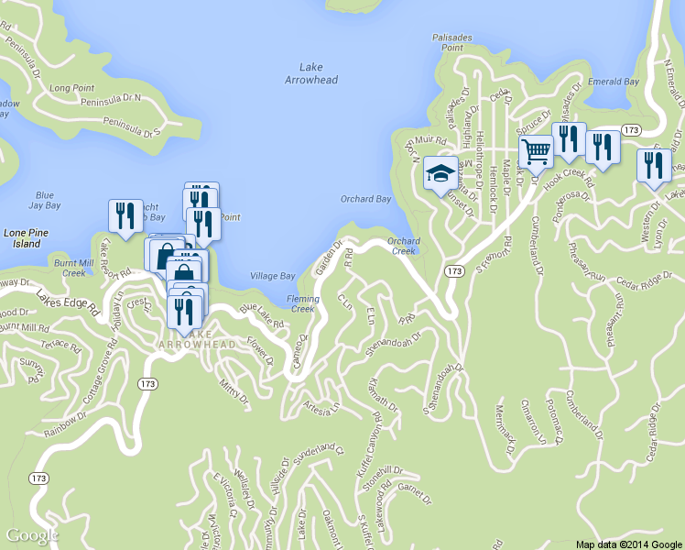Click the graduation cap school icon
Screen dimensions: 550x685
pos(440,172)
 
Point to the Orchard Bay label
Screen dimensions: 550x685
pos(366,199)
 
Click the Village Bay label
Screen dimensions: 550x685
pos(273,276)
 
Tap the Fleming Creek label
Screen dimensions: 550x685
pos(303,303)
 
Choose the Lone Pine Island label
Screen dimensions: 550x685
pos(22,238)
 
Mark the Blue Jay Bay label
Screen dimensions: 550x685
pos(45,200)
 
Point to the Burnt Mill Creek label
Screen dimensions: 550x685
pos(74,268)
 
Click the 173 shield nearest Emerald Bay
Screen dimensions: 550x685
pos(629,131)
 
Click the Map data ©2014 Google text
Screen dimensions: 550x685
pos(629,544)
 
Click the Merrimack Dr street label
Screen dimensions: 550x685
pos(504,425)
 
